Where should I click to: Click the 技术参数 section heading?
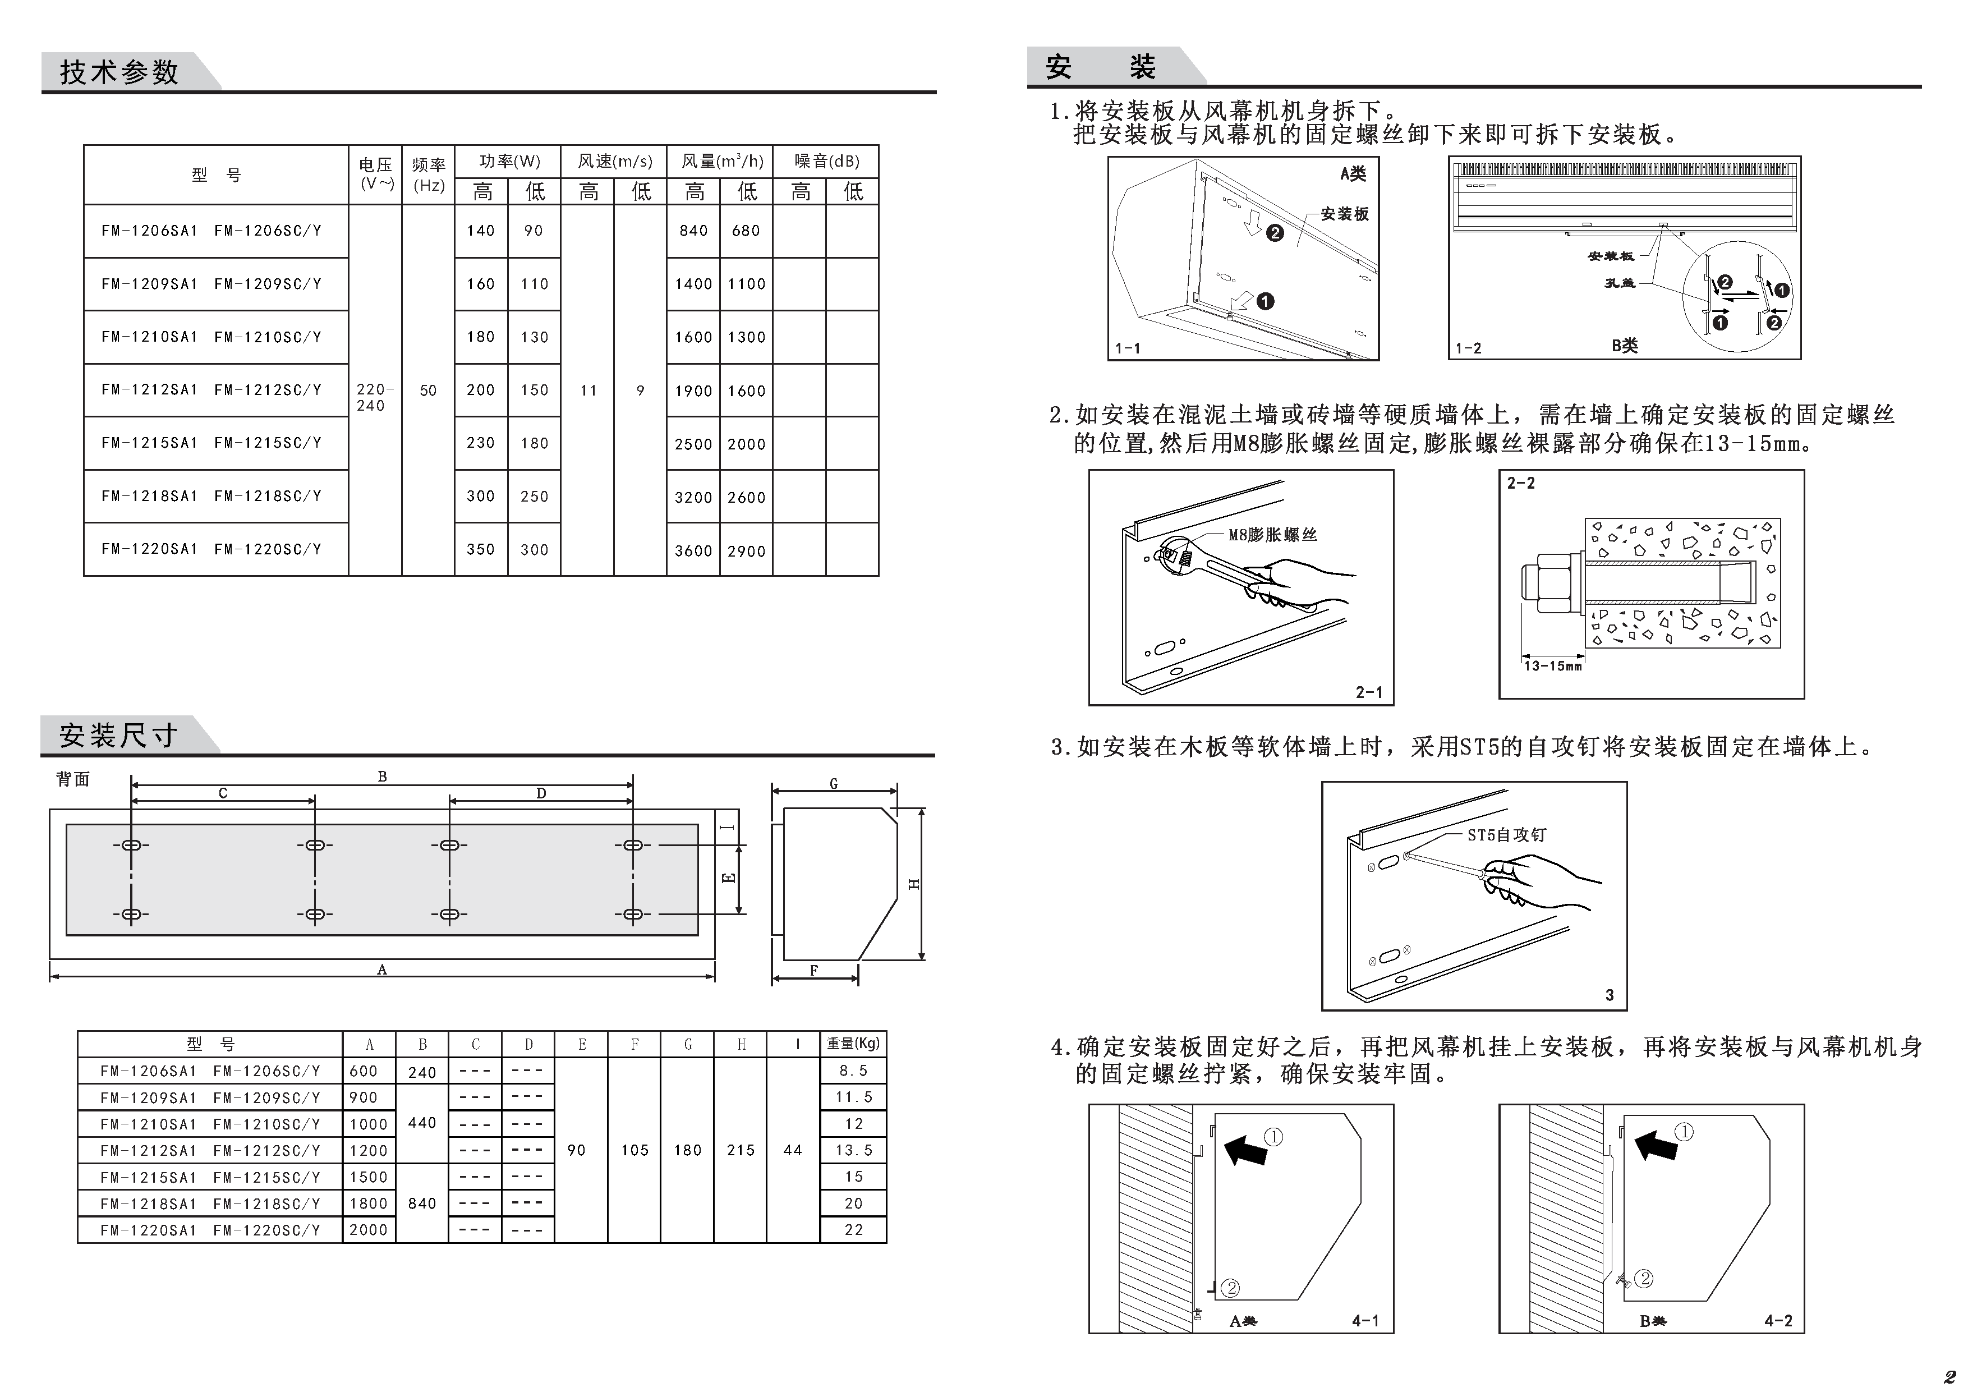119,72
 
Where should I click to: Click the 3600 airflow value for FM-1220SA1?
693,551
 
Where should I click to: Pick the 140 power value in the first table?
481,231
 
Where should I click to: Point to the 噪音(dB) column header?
826,161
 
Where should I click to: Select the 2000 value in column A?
369,1230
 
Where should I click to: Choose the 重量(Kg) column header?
853,1044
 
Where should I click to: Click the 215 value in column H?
741,1150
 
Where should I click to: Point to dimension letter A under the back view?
382,970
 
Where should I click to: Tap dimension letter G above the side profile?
833,783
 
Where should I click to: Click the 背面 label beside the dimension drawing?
73,779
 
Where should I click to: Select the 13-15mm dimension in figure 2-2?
1552,666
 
